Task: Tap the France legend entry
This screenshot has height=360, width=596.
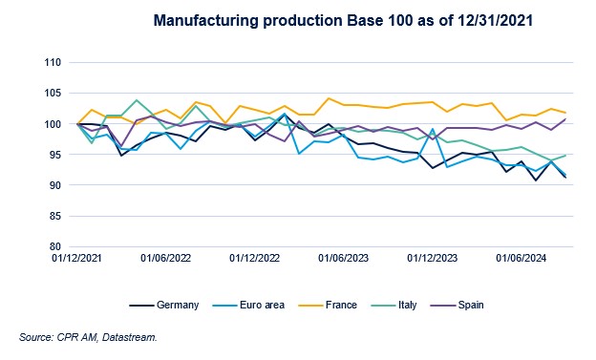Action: (341, 305)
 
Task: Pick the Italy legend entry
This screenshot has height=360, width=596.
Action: (410, 305)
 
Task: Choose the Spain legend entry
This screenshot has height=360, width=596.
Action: (475, 305)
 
